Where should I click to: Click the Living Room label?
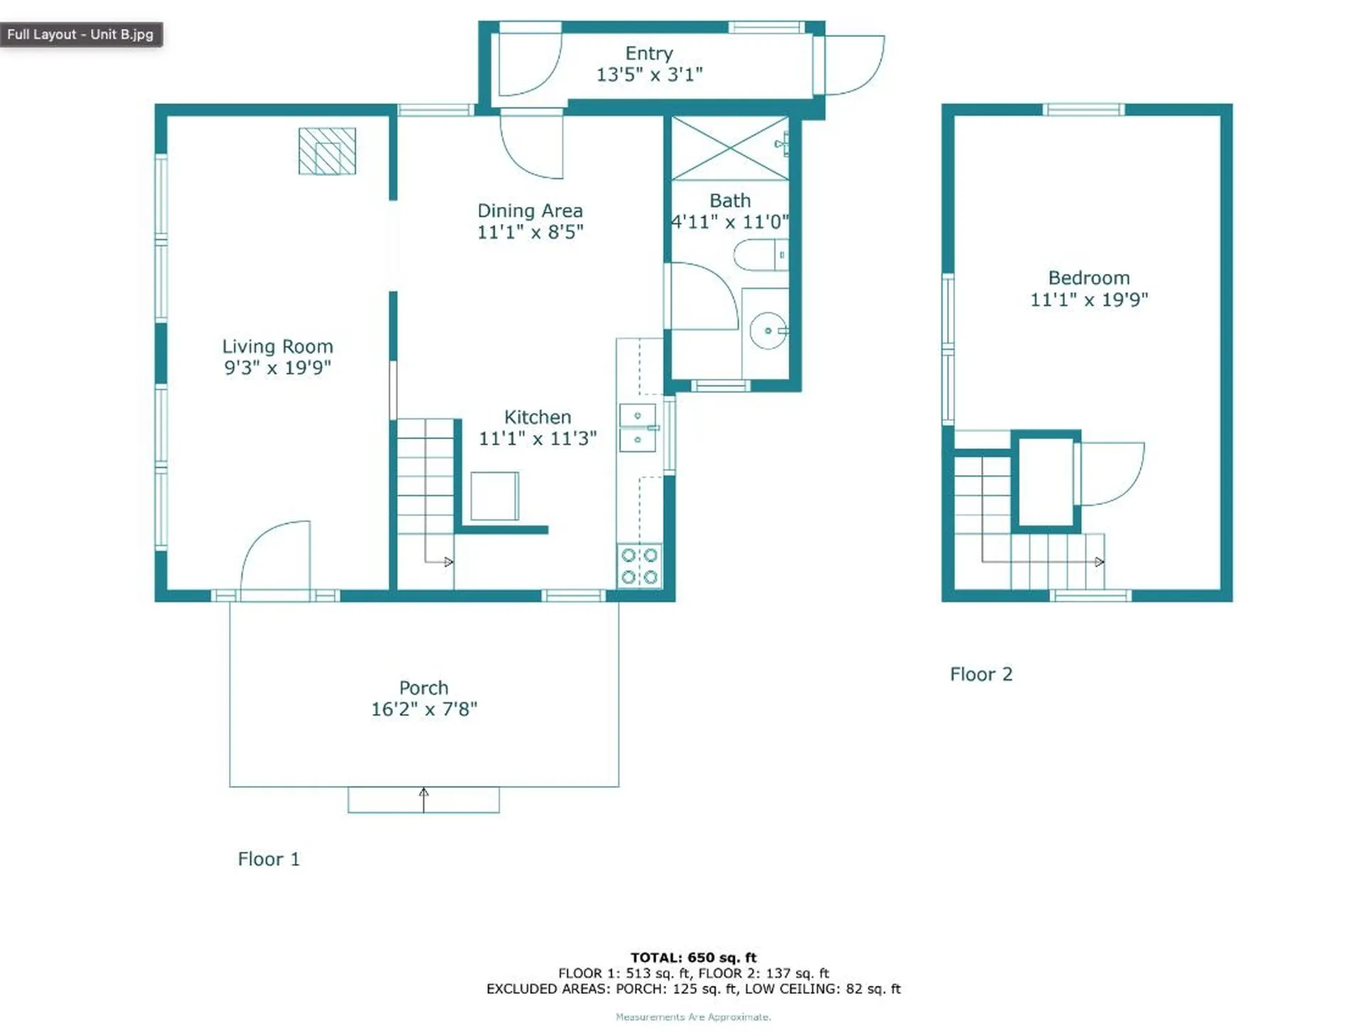point(277,346)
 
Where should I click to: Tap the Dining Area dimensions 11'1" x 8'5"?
point(530,232)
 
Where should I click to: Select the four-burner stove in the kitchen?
point(639,566)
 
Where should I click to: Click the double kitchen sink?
point(638,428)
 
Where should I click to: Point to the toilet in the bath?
point(759,255)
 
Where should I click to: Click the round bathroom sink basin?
point(768,331)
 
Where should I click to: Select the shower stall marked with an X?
point(730,148)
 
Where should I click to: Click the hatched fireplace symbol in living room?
point(327,151)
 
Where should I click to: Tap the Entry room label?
point(648,53)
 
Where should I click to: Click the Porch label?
point(423,687)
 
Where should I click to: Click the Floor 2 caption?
point(980,674)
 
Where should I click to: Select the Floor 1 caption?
point(268,859)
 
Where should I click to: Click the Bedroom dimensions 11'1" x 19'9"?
point(1088,299)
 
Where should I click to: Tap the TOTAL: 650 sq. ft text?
point(693,957)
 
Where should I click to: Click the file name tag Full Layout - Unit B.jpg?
point(81,34)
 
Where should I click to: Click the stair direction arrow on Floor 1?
point(448,562)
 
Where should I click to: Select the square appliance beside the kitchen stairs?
point(494,496)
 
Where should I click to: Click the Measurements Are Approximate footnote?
point(693,1017)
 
